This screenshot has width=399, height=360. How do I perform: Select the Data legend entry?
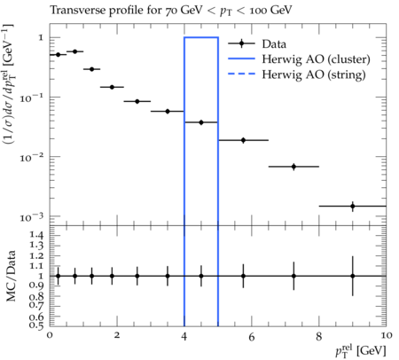click(x=257, y=44)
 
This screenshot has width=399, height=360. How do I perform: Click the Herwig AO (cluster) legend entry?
click(x=299, y=59)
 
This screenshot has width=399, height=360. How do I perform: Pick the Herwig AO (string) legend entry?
click(x=297, y=74)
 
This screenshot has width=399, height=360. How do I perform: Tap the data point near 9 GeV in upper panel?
click(x=353, y=206)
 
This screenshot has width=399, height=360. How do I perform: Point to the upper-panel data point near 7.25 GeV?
click(x=293, y=167)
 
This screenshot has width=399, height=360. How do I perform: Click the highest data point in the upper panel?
click(x=74, y=51)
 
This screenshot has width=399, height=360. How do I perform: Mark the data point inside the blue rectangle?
click(x=201, y=122)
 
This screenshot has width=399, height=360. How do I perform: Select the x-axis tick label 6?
click(x=252, y=337)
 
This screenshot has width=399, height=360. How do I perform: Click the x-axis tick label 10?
click(x=386, y=336)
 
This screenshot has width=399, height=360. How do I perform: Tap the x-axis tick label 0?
click(x=50, y=336)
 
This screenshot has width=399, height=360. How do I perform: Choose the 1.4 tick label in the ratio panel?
click(x=36, y=235)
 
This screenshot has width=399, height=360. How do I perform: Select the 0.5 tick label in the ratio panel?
click(x=36, y=325)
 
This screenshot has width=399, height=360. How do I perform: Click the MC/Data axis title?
click(x=11, y=276)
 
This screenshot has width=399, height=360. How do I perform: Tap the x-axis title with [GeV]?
click(x=361, y=351)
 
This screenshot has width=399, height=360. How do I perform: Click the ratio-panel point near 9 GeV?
click(x=353, y=276)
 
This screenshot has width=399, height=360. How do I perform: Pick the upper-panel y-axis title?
click(x=10, y=83)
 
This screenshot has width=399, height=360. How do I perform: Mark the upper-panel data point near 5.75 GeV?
click(x=243, y=140)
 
